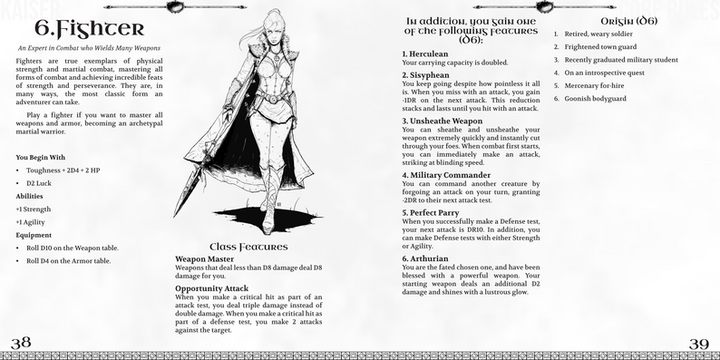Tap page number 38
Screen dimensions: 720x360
pyautogui.click(x=21, y=343)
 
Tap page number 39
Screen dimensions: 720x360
pyautogui.click(x=698, y=343)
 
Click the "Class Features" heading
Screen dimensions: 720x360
pyautogui.click(x=248, y=246)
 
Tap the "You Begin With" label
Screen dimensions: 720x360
pyautogui.click(x=41, y=157)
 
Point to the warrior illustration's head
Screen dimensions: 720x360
pyautogui.click(x=256, y=34)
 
